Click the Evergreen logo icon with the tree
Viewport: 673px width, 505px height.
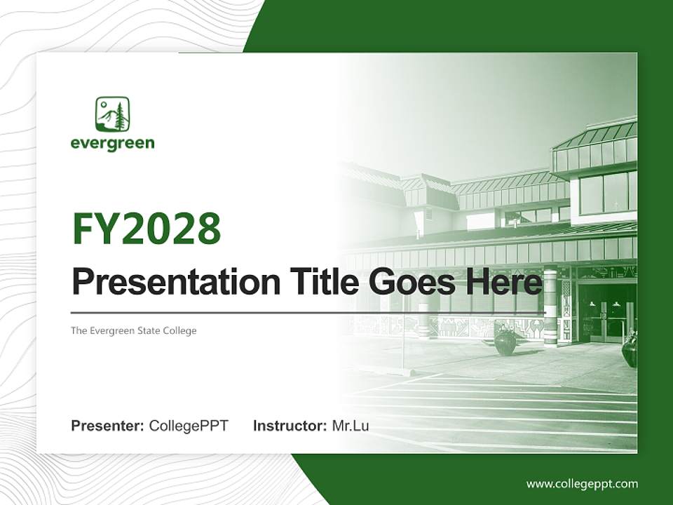point(112,114)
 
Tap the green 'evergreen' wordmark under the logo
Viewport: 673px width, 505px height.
point(112,144)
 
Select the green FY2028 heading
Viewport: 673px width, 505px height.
point(147,229)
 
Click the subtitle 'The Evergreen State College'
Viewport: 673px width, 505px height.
point(133,330)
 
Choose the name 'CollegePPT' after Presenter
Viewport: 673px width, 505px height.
point(189,426)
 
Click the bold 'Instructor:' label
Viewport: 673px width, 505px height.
point(290,426)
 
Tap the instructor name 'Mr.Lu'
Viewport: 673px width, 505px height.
point(351,426)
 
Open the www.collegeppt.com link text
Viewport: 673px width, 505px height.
point(582,483)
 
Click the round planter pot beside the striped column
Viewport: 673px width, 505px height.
point(505,342)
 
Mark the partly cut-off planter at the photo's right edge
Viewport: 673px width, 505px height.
point(630,349)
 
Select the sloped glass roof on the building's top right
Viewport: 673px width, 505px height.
point(596,135)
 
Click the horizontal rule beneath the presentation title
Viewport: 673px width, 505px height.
point(308,313)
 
